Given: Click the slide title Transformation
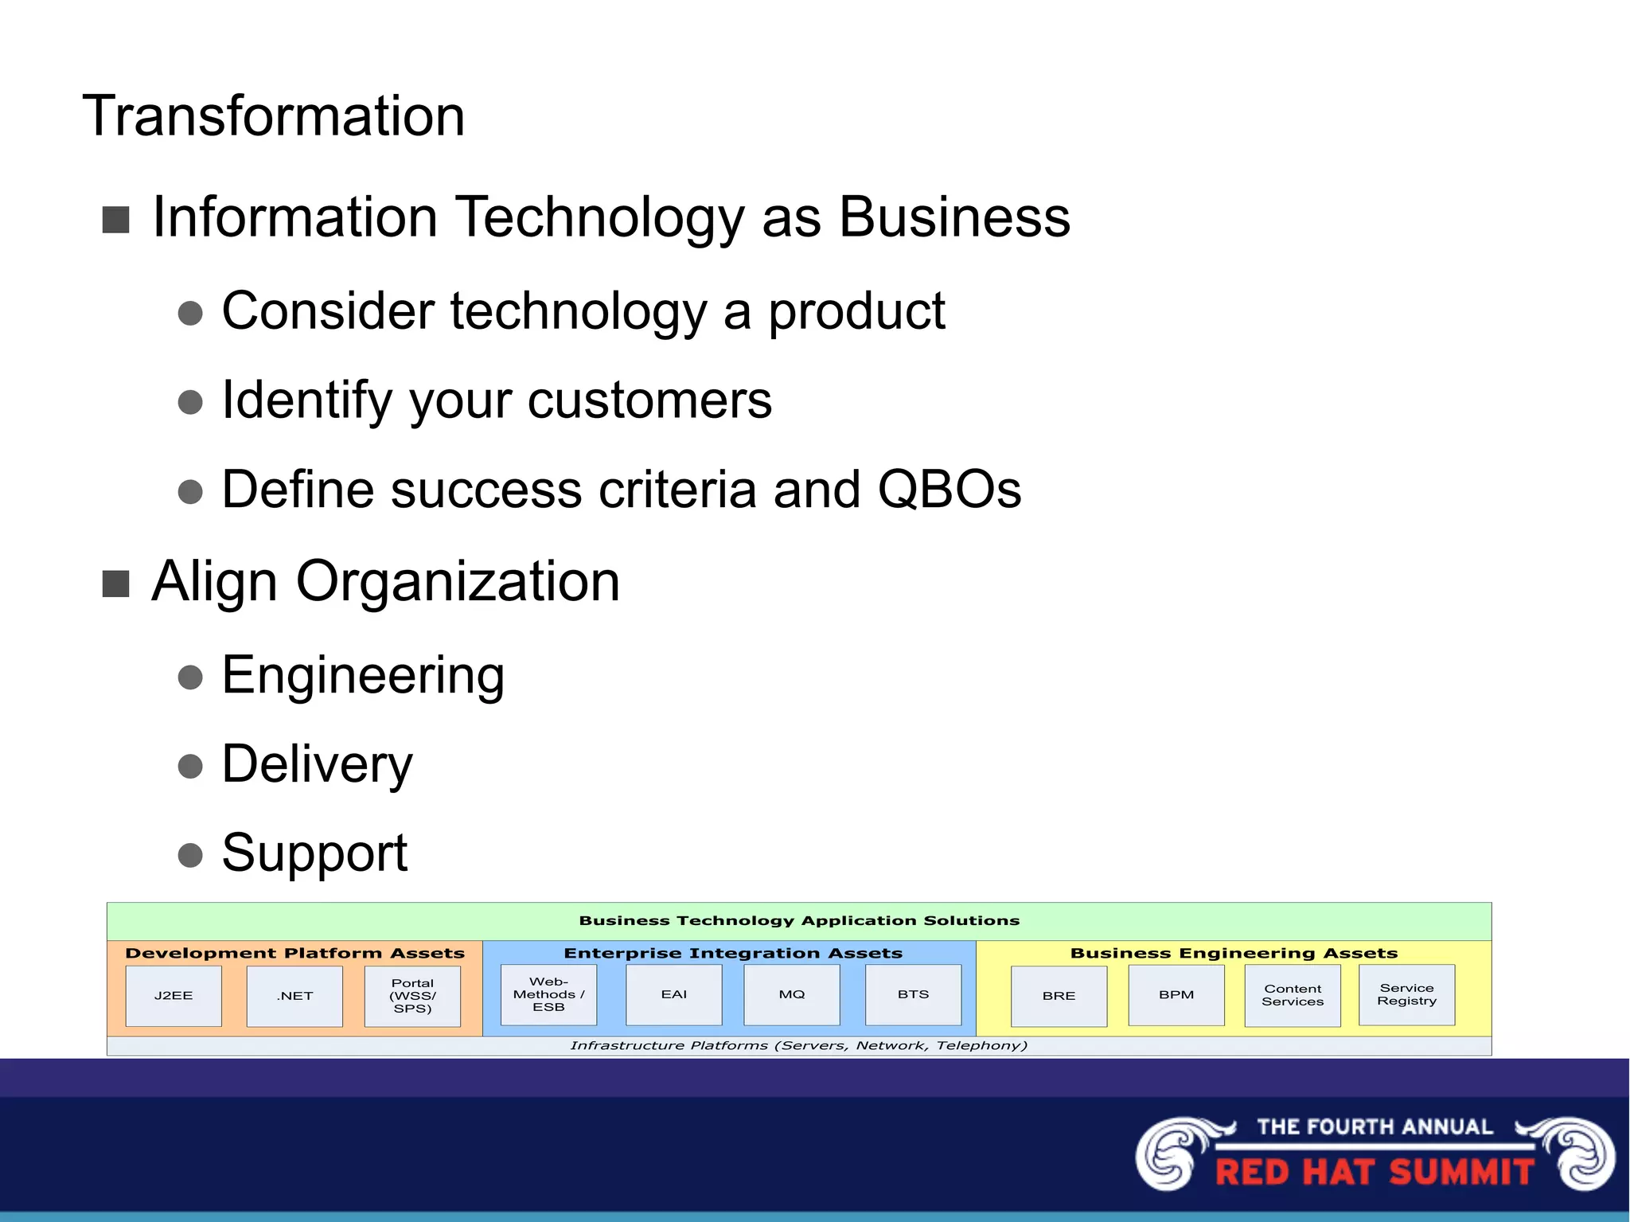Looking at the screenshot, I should coord(273,116).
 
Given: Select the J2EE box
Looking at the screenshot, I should coord(174,996).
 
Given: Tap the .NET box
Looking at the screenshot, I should coord(294,996).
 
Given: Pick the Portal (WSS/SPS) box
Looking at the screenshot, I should coord(412,996).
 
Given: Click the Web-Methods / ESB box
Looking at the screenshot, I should coord(548,994).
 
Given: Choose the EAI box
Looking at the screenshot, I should coord(673,994).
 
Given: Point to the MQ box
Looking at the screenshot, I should coord(791,994).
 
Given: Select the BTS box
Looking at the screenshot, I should coord(913,994).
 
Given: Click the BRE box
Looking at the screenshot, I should coord(1059,996).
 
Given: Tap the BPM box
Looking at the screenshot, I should coord(1176,995).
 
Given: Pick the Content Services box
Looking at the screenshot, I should coord(1293,995).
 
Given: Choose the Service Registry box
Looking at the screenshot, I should coord(1406,994).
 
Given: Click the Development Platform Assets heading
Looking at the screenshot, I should coord(294,953).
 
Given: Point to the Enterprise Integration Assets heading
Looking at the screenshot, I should coord(733,953).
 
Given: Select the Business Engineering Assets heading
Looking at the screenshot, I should coord(1234,953).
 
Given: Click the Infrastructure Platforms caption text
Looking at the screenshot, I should coord(798,1045).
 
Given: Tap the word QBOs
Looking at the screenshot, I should coord(949,489).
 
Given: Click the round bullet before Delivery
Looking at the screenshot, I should coord(190,766).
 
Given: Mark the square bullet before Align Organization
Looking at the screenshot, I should coord(116,584).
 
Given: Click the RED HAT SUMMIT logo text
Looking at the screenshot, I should coord(1375,1172).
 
